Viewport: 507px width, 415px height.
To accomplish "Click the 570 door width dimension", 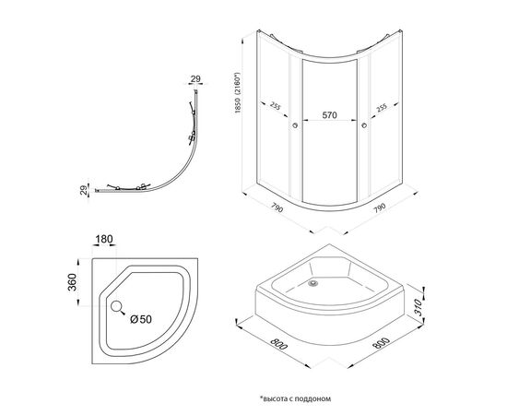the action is point(329,115).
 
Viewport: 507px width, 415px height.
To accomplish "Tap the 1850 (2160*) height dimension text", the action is point(239,93).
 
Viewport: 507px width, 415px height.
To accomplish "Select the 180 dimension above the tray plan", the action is point(104,240).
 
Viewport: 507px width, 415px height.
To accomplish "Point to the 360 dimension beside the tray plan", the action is point(72,282).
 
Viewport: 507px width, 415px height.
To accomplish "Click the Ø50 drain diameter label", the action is point(141,319).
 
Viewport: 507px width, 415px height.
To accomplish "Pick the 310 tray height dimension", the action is point(418,307).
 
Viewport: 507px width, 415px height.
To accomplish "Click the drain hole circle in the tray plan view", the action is point(116,305).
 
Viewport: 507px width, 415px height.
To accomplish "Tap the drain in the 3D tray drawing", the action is point(313,283).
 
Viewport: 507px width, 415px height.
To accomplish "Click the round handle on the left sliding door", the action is point(295,125).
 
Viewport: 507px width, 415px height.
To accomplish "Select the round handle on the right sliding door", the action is point(364,125).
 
